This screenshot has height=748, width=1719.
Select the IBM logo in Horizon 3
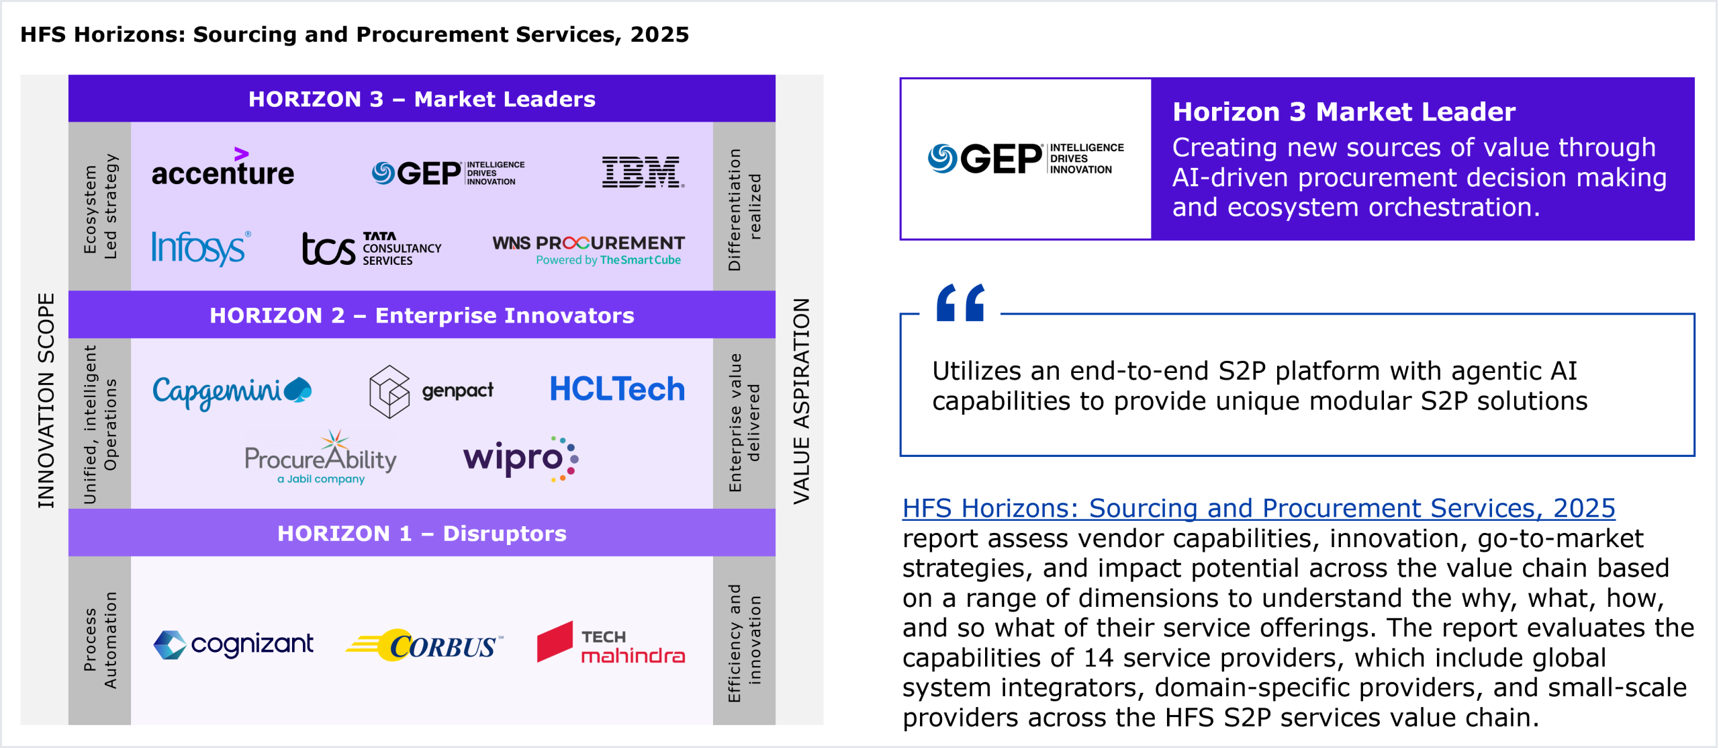(643, 172)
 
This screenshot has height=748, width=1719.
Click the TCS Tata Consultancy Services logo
(371, 249)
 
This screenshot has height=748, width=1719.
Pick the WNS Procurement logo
(588, 250)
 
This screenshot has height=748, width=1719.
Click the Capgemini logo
(232, 391)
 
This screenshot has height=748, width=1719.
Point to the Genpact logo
(431, 391)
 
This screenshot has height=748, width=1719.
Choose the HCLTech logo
(617, 389)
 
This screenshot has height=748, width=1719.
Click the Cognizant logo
(233, 645)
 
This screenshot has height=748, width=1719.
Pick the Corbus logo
(424, 645)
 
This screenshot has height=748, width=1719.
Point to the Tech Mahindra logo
(611, 642)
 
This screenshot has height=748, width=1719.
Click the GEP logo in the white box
(1026, 159)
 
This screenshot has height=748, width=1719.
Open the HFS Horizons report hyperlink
(1258, 508)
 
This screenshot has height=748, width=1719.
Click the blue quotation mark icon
(961, 302)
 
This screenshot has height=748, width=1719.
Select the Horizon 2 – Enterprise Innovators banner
(422, 315)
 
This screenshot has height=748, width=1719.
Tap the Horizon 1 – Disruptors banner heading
(422, 533)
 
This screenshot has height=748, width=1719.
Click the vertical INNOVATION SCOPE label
(46, 401)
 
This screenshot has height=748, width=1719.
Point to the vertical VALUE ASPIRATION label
(801, 401)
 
